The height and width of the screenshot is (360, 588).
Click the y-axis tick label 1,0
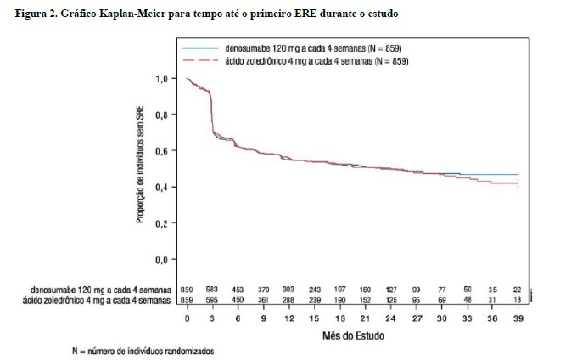click(x=160, y=78)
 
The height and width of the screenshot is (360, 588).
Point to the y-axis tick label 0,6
click(x=160, y=150)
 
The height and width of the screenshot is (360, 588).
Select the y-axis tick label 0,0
click(x=160, y=259)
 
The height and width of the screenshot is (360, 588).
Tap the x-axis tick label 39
click(x=518, y=319)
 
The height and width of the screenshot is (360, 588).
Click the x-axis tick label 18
click(x=339, y=319)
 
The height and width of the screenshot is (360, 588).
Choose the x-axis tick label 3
click(x=213, y=319)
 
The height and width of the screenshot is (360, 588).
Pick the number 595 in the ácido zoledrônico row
click(x=213, y=300)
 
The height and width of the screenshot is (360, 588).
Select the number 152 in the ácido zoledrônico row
click(x=365, y=300)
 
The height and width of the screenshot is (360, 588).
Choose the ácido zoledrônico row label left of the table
click(x=99, y=300)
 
